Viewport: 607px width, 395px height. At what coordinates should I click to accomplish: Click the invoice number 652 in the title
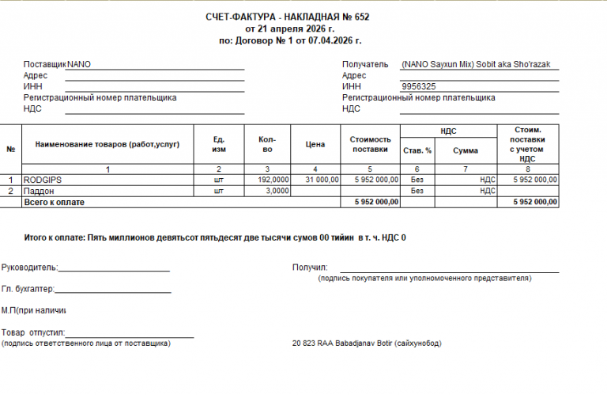(x=361, y=17)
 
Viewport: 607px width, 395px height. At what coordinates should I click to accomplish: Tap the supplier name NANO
(x=79, y=64)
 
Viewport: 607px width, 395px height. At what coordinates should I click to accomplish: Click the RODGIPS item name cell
(x=43, y=180)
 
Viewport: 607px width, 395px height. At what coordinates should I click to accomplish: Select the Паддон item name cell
(x=39, y=191)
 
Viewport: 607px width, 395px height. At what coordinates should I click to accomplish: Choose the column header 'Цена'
(x=315, y=145)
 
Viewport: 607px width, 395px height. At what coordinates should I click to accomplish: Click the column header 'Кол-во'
(x=267, y=145)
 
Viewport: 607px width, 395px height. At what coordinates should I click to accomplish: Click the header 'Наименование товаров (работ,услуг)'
(x=107, y=145)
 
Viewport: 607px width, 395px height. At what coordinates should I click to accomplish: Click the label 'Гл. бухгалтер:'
(x=28, y=289)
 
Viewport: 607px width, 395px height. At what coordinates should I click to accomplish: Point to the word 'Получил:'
(x=310, y=268)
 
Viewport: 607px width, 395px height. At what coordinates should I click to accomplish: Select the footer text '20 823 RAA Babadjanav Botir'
(x=344, y=344)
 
